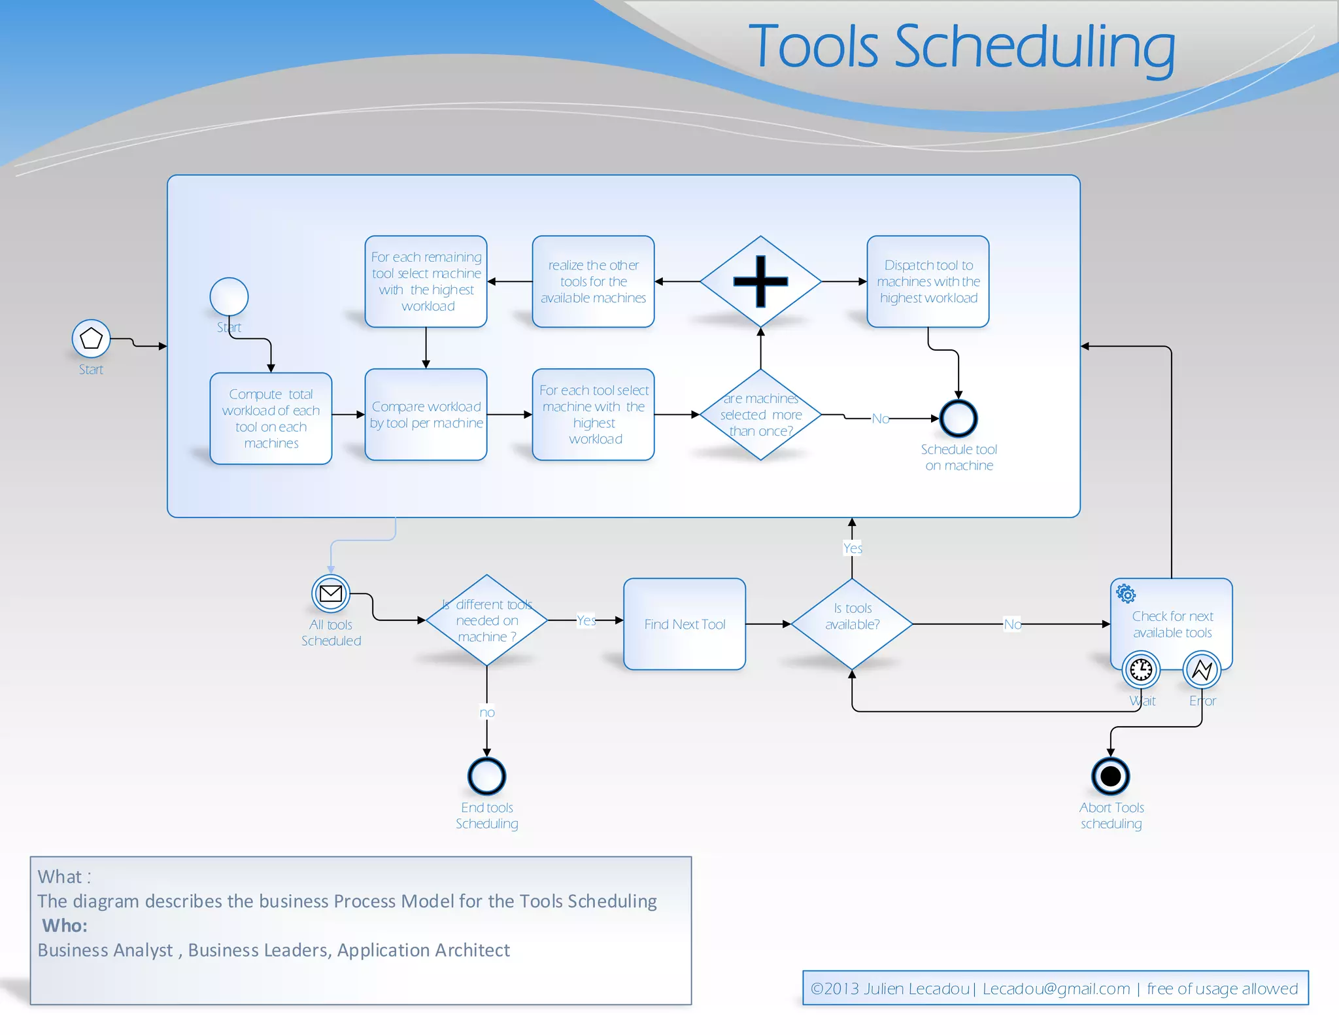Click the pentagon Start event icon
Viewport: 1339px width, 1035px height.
(91, 338)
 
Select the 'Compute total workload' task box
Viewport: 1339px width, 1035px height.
(271, 419)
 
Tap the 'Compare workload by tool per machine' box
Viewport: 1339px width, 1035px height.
(426, 415)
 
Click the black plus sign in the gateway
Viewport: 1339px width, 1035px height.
(760, 281)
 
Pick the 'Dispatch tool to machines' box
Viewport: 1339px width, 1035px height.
(928, 281)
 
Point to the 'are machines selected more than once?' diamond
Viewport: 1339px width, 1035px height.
(760, 415)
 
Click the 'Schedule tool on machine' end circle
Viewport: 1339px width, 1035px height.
(958, 419)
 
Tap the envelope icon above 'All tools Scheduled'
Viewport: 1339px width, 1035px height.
(331, 593)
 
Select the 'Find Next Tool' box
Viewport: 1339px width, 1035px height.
(685, 624)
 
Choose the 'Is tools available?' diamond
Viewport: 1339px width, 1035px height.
(852, 624)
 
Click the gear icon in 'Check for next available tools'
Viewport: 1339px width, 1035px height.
(1126, 594)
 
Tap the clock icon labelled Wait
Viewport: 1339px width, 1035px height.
(1141, 670)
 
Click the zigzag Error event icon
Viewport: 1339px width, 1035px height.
(1202, 670)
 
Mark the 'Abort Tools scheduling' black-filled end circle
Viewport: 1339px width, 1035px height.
(1110, 777)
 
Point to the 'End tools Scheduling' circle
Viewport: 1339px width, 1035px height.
(486, 777)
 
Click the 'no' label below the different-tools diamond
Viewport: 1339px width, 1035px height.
(487, 712)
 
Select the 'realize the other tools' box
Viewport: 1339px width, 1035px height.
(593, 281)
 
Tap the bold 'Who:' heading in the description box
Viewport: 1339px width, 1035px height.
(65, 926)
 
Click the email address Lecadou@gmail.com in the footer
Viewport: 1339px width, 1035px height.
(1056, 989)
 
